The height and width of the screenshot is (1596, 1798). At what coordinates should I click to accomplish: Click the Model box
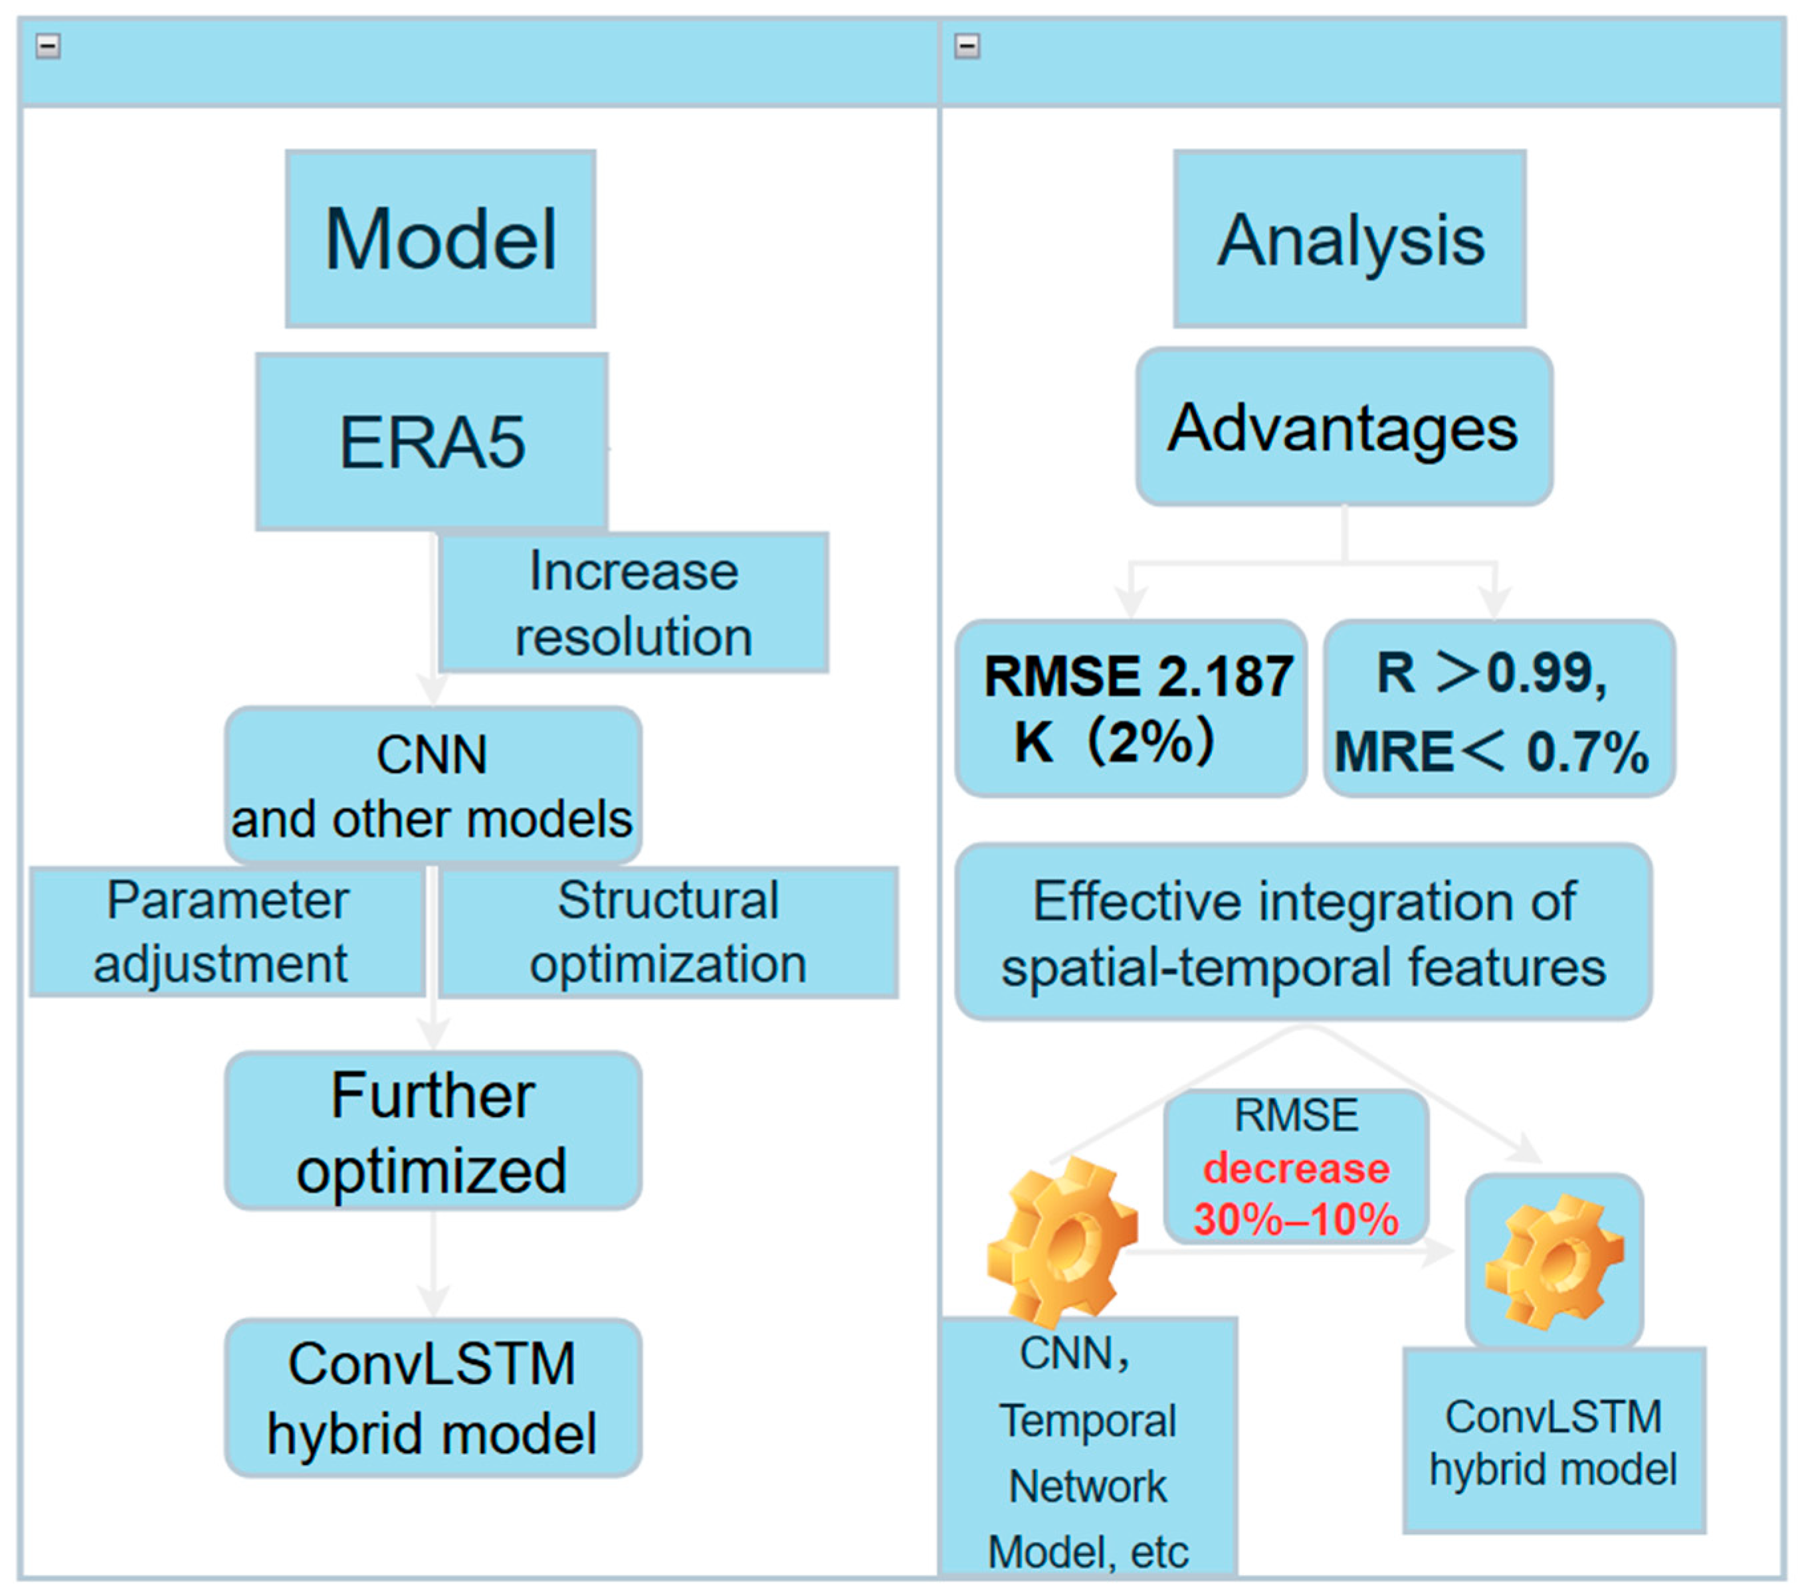pyautogui.click(x=440, y=239)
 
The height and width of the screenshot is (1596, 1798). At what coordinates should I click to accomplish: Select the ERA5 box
pyautogui.click(x=432, y=442)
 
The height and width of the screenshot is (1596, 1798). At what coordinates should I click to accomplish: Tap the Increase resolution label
pyautogui.click(x=633, y=603)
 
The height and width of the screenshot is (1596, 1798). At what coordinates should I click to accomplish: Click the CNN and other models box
pyautogui.click(x=432, y=785)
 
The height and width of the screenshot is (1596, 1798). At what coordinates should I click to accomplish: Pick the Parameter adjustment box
pyautogui.click(x=227, y=932)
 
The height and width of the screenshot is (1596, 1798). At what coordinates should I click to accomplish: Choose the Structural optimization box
pyautogui.click(x=668, y=932)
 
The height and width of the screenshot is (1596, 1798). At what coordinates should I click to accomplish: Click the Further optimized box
pyautogui.click(x=432, y=1132)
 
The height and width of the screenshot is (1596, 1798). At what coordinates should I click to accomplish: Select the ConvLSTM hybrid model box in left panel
pyautogui.click(x=432, y=1398)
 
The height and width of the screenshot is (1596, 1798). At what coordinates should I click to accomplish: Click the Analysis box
pyautogui.click(x=1349, y=239)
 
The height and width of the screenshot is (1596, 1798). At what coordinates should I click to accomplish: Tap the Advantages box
pyautogui.click(x=1344, y=427)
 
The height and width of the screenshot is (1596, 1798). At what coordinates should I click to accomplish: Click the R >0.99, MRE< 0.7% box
pyautogui.click(x=1498, y=709)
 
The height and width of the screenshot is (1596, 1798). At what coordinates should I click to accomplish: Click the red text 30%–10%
pyautogui.click(x=1296, y=1219)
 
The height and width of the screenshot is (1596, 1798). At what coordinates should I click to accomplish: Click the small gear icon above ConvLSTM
pyautogui.click(x=1553, y=1259)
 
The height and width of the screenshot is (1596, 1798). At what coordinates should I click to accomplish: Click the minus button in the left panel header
pyautogui.click(x=49, y=46)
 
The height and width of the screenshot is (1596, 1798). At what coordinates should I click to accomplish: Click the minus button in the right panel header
pyautogui.click(x=967, y=46)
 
